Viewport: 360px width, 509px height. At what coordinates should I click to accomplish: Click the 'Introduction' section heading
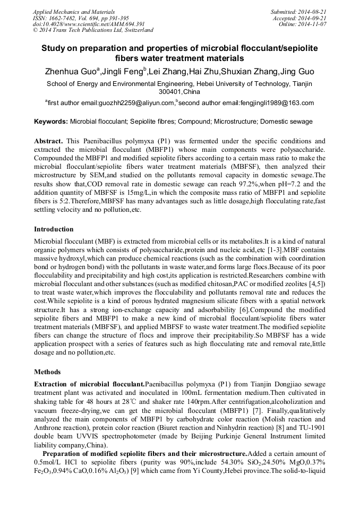(54, 229)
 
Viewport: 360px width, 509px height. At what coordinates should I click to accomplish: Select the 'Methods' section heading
(47, 372)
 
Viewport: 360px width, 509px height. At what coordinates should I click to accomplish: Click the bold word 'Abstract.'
(49, 142)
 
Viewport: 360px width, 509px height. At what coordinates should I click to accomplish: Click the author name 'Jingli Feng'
(123, 72)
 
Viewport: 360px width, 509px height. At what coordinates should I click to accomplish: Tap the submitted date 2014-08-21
(310, 11)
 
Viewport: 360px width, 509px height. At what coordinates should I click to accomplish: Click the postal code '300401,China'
(179, 92)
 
